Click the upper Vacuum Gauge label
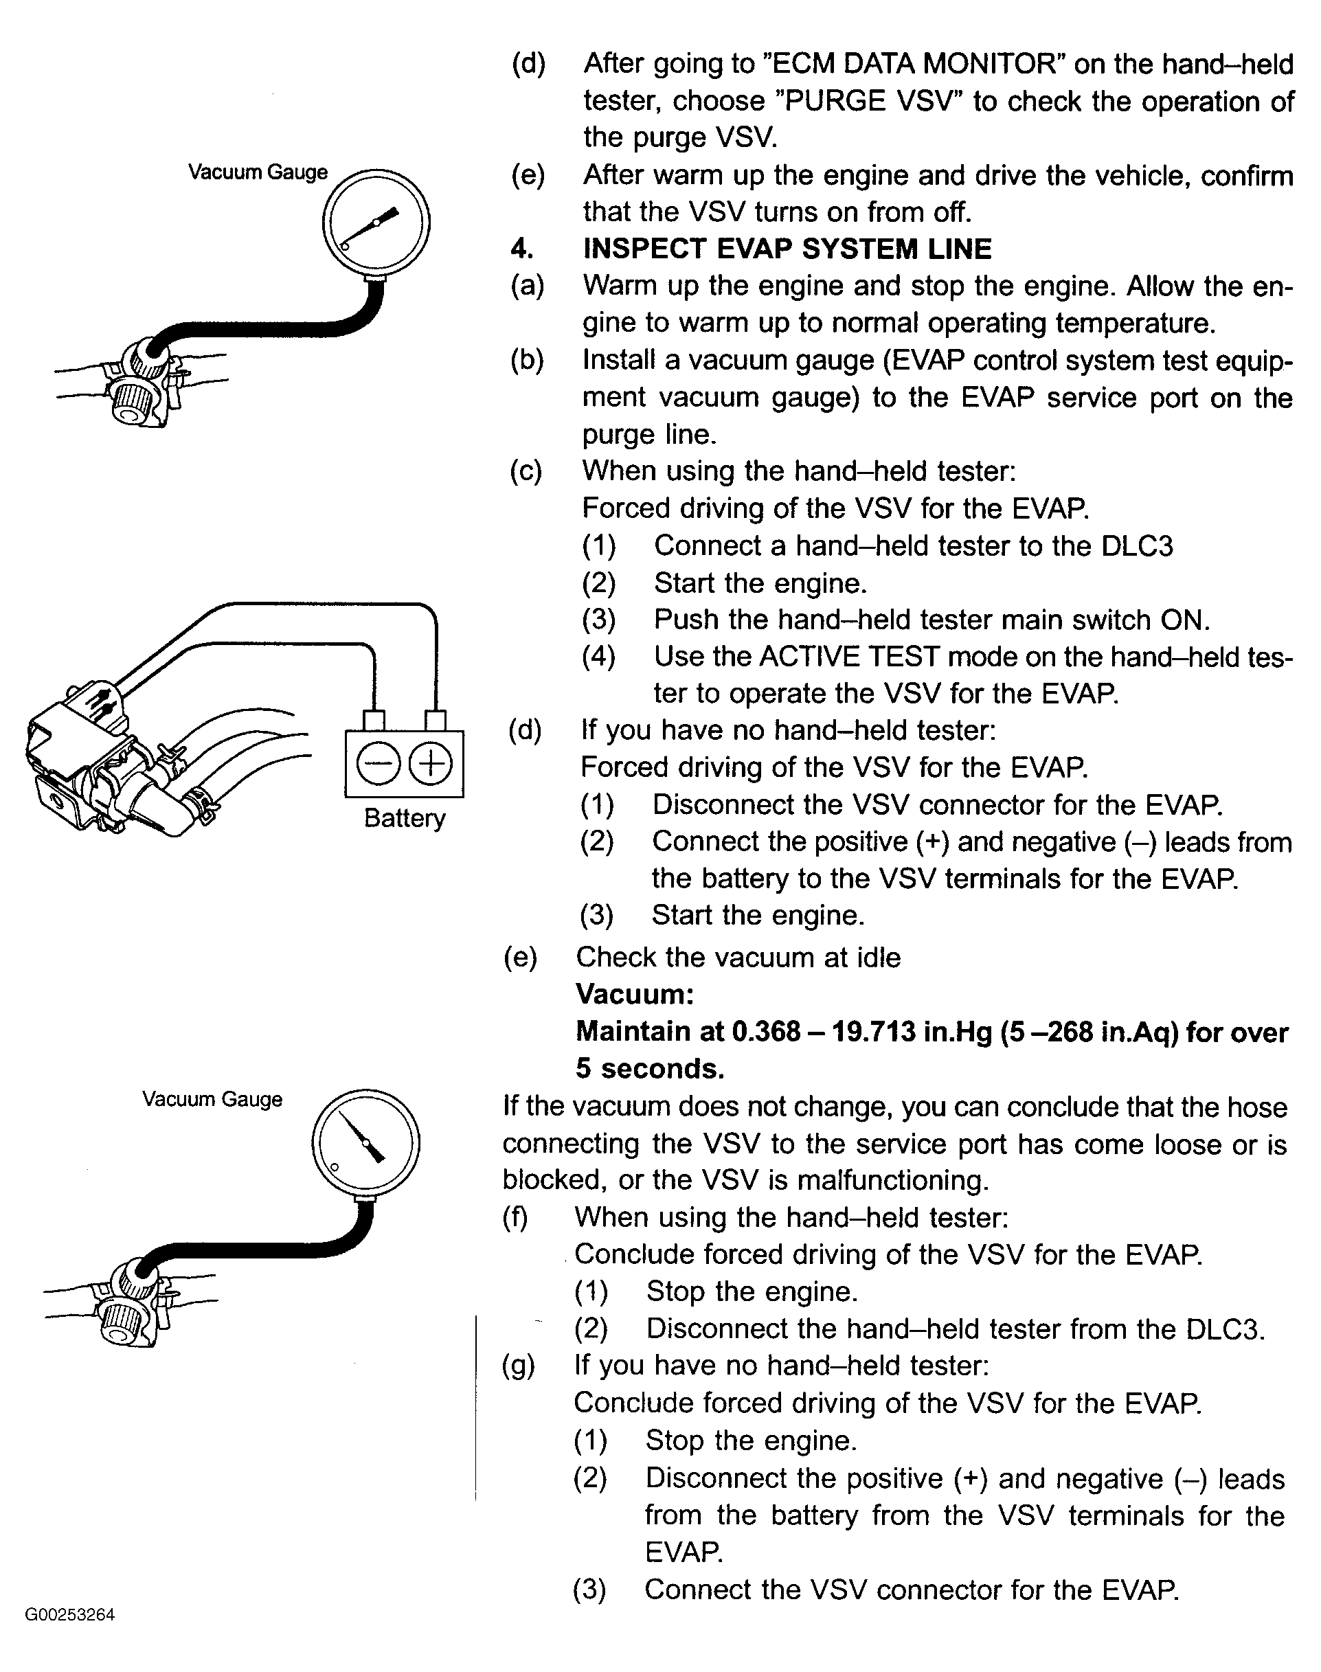click(258, 172)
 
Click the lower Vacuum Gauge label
click(212, 1099)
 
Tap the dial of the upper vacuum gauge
click(376, 223)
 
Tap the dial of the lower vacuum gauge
click(366, 1143)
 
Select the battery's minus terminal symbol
click(379, 764)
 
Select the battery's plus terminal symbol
click(430, 764)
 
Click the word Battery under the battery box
click(405, 818)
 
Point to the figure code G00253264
click(69, 1615)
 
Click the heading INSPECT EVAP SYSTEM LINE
click(787, 249)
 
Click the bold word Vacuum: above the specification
click(634, 995)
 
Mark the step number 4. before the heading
click(522, 249)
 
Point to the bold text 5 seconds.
click(650, 1069)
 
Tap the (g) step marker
click(518, 1366)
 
